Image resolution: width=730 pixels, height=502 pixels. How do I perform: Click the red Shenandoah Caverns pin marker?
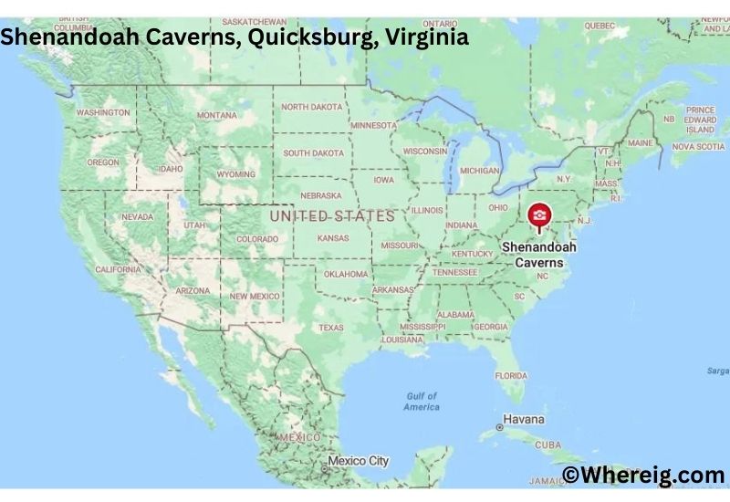(539, 215)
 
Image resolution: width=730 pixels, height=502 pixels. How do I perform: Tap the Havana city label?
(524, 420)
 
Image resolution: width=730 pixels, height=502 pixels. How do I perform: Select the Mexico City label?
(359, 461)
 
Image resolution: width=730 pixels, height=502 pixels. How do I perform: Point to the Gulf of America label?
(422, 402)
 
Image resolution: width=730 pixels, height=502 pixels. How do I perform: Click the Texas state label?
(330, 328)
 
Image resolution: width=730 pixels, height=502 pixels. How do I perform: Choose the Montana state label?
(216, 115)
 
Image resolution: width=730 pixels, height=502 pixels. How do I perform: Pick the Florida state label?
(511, 375)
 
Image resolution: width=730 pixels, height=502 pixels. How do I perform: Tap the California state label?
(118, 269)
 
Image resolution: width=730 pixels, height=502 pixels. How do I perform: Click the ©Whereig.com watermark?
(642, 475)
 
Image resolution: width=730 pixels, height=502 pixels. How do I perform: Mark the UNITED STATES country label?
(332, 216)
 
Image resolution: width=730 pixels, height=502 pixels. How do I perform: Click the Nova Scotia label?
(698, 146)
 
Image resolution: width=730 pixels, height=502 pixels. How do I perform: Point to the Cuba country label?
(547, 444)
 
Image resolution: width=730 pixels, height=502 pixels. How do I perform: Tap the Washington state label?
(102, 112)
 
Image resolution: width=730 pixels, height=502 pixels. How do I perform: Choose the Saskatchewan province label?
(254, 22)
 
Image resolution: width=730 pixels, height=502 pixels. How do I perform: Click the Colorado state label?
(256, 239)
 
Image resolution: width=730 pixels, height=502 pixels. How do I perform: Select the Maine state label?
(640, 143)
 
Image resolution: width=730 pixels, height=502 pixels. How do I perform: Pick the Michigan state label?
(479, 171)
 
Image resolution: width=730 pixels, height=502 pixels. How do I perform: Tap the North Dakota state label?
(312, 107)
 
